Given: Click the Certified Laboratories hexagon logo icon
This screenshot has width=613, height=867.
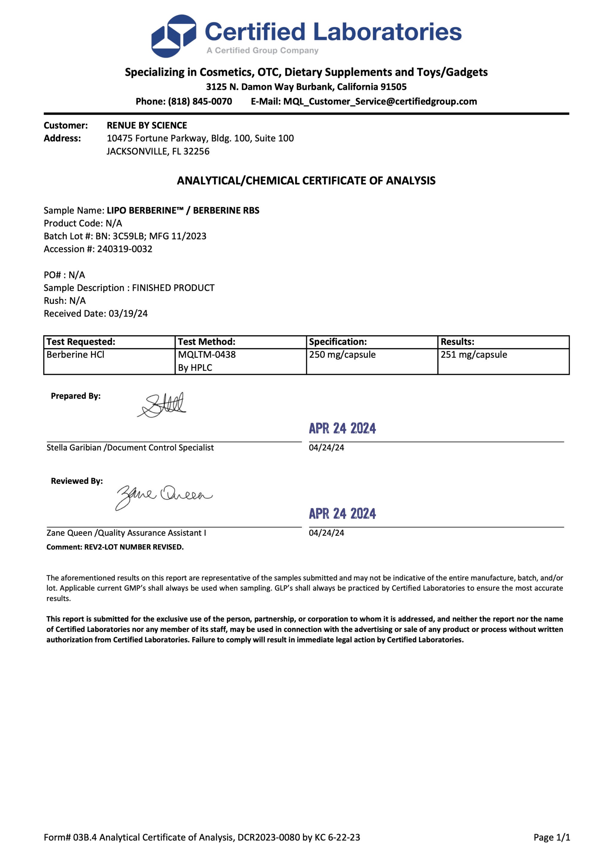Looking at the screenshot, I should click(x=173, y=36).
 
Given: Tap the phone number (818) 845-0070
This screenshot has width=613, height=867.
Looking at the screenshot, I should click(x=200, y=101).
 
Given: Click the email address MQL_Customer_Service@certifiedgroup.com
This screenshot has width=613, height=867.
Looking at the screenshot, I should click(x=380, y=101).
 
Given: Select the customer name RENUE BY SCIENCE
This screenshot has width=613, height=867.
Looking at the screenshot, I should click(x=147, y=125).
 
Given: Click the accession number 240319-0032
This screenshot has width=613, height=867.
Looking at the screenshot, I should click(x=125, y=249).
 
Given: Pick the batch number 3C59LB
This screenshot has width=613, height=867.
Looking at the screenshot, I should click(x=128, y=237).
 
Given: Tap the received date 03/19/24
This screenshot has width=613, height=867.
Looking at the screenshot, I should click(x=128, y=314).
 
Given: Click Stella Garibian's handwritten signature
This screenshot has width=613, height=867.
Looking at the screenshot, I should click(x=162, y=405).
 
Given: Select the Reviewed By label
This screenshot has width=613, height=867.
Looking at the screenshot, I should click(x=77, y=481).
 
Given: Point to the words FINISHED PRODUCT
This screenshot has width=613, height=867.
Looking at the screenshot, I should click(x=173, y=288).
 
